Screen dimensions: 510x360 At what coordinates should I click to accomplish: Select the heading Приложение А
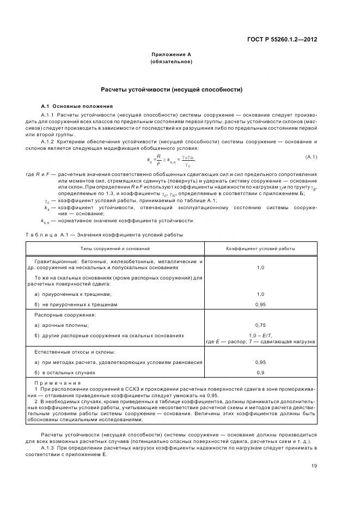(x=171, y=55)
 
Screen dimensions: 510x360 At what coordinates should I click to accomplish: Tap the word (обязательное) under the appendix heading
(x=171, y=62)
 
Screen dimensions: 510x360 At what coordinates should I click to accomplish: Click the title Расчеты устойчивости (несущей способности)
(x=171, y=89)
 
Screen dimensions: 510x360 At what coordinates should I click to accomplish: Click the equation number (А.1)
(x=311, y=157)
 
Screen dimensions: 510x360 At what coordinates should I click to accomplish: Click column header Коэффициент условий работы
(x=261, y=248)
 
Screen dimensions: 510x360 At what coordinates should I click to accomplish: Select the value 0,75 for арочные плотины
(x=260, y=325)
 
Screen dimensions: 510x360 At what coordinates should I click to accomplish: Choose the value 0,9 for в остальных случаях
(x=260, y=373)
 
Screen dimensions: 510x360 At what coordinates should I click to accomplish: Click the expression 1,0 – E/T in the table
(x=260, y=335)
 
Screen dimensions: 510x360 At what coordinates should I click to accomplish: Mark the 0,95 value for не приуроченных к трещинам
(x=260, y=304)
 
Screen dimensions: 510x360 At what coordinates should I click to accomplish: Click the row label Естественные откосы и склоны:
(x=71, y=353)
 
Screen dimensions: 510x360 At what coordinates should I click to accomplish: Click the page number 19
(x=314, y=465)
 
